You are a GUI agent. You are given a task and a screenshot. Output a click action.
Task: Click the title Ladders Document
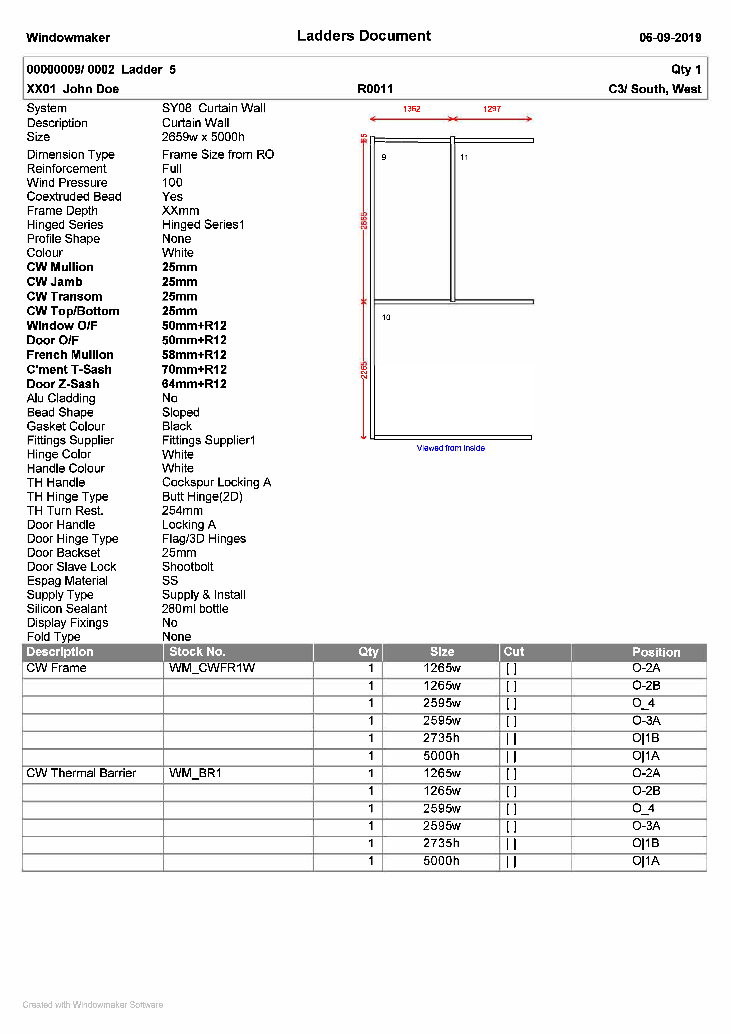364,36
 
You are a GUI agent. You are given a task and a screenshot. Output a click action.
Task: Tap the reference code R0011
375,89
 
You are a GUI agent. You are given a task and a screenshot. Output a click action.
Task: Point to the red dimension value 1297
492,109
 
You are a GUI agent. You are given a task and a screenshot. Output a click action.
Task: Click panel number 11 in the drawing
464,158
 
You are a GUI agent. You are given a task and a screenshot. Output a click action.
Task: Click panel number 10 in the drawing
386,318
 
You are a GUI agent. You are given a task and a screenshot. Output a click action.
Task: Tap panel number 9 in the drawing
384,158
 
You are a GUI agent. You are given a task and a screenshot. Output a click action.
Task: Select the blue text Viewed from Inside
450,448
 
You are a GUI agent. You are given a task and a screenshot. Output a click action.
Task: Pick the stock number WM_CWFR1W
212,668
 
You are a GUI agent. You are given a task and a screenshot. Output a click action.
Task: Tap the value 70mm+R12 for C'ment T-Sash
194,370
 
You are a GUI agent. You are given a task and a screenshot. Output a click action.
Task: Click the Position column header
656,652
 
